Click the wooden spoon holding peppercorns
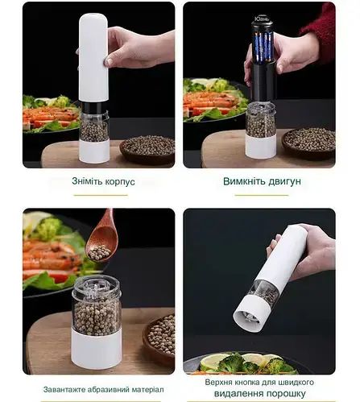click(x=101, y=238)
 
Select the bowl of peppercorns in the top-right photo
click(x=308, y=139)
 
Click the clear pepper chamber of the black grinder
click(x=260, y=121)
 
